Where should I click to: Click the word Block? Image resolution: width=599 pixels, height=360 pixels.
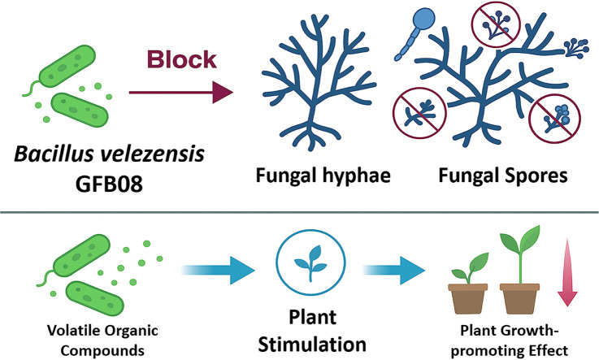[x=182, y=60]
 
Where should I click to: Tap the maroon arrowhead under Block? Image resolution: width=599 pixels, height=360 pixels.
[x=223, y=93]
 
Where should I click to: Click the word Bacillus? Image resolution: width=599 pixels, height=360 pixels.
[x=54, y=154]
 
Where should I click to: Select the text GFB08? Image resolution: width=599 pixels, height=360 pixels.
[x=109, y=184]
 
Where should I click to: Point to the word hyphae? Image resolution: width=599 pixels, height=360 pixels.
[x=357, y=176]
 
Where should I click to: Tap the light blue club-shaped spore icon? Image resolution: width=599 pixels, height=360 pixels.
[x=415, y=34]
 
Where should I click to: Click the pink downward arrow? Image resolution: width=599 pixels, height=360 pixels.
[x=567, y=272]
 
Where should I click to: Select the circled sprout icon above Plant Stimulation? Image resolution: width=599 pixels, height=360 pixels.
[x=311, y=263]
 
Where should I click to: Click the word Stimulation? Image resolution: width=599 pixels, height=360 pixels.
[x=312, y=345]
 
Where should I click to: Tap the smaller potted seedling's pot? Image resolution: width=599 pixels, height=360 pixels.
[x=467, y=299]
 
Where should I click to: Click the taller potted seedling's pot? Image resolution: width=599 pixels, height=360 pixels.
[x=519, y=299]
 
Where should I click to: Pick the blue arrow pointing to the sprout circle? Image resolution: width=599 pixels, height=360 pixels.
[x=218, y=271]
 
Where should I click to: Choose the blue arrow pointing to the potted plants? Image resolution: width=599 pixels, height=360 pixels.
[x=394, y=271]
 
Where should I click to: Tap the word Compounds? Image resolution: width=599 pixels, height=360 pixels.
[x=102, y=350]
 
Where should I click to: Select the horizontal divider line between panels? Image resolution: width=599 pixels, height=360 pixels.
[x=299, y=212]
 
